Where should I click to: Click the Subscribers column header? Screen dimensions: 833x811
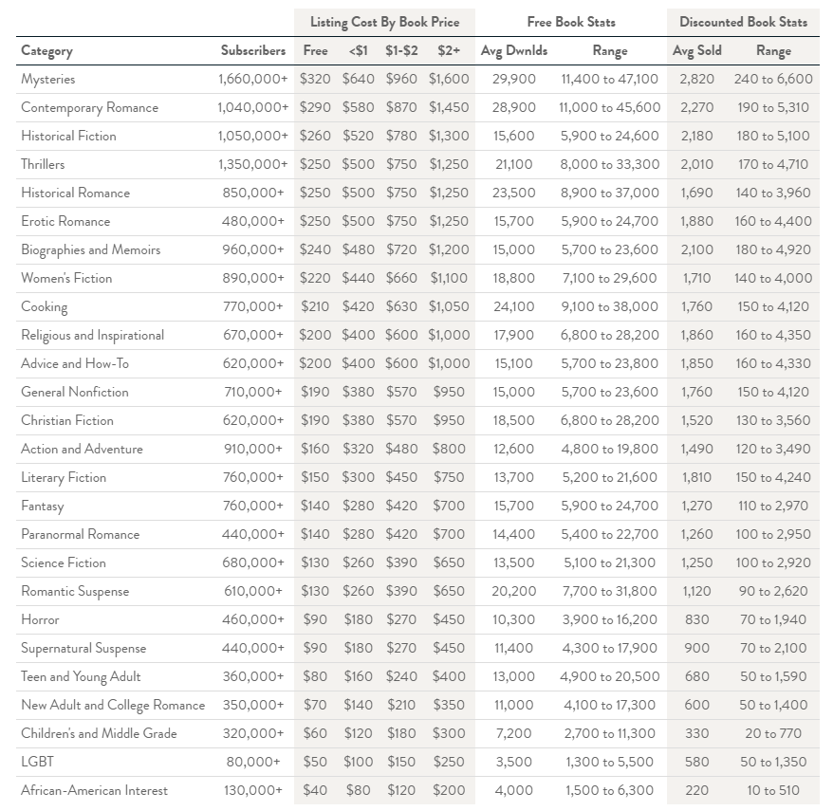pos(253,50)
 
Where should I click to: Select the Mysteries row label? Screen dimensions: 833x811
pos(47,79)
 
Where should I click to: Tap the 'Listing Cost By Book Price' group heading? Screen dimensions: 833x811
pos(384,22)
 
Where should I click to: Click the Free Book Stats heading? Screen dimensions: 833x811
pos(571,22)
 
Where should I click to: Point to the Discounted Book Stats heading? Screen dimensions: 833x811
pos(743,22)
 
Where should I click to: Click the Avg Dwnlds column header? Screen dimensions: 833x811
pos(513,50)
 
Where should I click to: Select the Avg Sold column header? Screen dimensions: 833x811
pos(696,50)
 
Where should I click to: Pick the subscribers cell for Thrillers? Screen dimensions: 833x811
pos(253,164)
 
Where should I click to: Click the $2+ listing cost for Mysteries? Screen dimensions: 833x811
pos(449,79)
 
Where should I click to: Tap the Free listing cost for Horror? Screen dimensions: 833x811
pos(315,619)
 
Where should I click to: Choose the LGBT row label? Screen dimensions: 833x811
pos(37,762)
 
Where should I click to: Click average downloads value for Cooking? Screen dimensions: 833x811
pos(513,306)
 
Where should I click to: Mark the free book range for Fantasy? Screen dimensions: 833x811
pos(610,506)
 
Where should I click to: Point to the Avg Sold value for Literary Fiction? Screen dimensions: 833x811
pos(696,477)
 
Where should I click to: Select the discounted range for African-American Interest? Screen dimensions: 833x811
pos(773,790)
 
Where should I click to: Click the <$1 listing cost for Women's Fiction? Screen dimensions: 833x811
pos(358,278)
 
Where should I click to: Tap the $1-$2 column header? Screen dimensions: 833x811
pos(401,50)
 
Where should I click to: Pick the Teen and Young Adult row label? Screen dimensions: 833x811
pos(81,676)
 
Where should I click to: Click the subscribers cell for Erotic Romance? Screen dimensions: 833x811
pos(253,221)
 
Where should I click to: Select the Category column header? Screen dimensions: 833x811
pos(46,51)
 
